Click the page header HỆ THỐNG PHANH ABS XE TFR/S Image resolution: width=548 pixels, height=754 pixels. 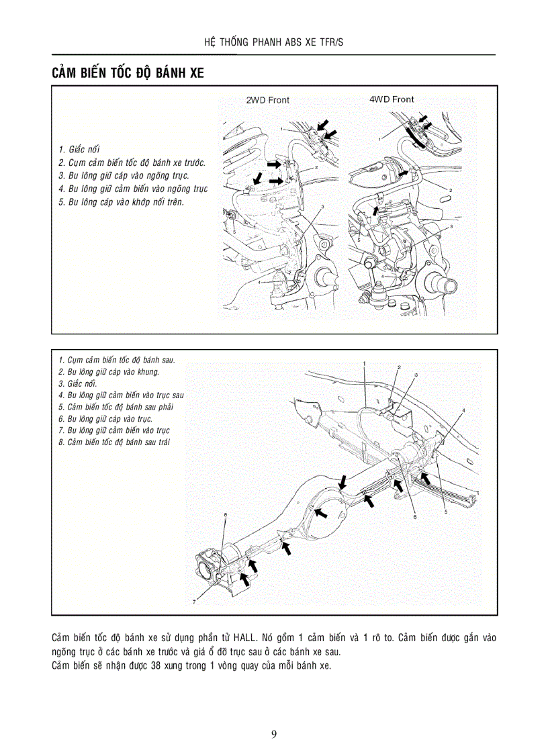[274, 42]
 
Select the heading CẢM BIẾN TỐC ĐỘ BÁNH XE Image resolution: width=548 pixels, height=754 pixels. [128, 73]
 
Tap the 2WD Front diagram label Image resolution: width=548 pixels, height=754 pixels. [267, 100]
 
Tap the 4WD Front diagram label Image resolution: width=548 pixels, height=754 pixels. [392, 99]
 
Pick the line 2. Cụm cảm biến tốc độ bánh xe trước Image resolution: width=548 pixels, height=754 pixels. [132, 162]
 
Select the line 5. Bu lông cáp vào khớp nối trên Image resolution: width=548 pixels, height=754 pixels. [120, 201]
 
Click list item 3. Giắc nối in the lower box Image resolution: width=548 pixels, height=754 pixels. [77, 383]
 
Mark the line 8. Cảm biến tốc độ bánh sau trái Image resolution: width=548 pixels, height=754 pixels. [113, 442]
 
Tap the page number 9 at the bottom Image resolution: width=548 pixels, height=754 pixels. [274, 733]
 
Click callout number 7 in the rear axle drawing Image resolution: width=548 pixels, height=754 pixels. [194, 602]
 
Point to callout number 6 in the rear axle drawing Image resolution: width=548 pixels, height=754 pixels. [225, 515]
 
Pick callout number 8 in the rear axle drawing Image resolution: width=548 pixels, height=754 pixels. [415, 517]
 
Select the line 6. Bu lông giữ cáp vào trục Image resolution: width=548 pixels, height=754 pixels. [105, 418]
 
